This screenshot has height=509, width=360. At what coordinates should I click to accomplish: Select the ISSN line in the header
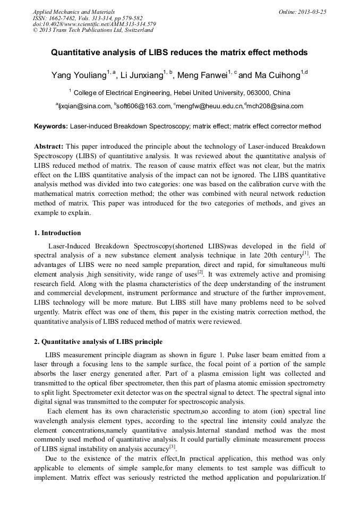click(x=88, y=18)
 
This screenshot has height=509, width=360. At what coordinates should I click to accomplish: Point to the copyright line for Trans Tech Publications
click(x=93, y=30)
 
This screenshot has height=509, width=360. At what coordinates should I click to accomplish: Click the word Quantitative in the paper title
click(x=77, y=53)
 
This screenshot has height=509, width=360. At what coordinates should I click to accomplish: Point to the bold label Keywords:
click(x=51, y=126)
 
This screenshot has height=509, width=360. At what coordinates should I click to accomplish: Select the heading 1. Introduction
click(x=57, y=232)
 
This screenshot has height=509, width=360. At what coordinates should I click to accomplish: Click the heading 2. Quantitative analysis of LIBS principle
click(x=98, y=341)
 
